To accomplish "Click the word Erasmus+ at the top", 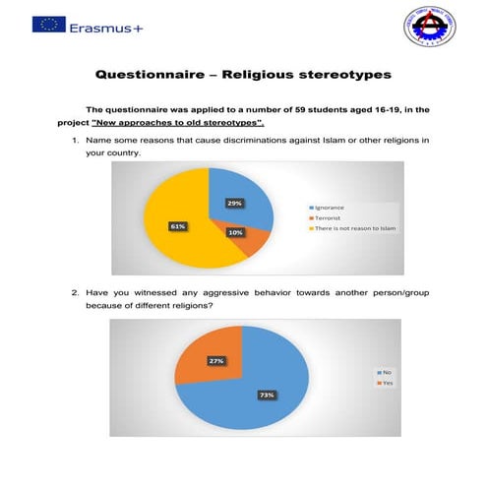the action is [x=106, y=27].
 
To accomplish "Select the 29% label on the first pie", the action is [x=234, y=203].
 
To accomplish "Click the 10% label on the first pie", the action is [x=235, y=232].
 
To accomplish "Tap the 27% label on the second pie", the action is [x=215, y=361].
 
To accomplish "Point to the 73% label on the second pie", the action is [x=266, y=395].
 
